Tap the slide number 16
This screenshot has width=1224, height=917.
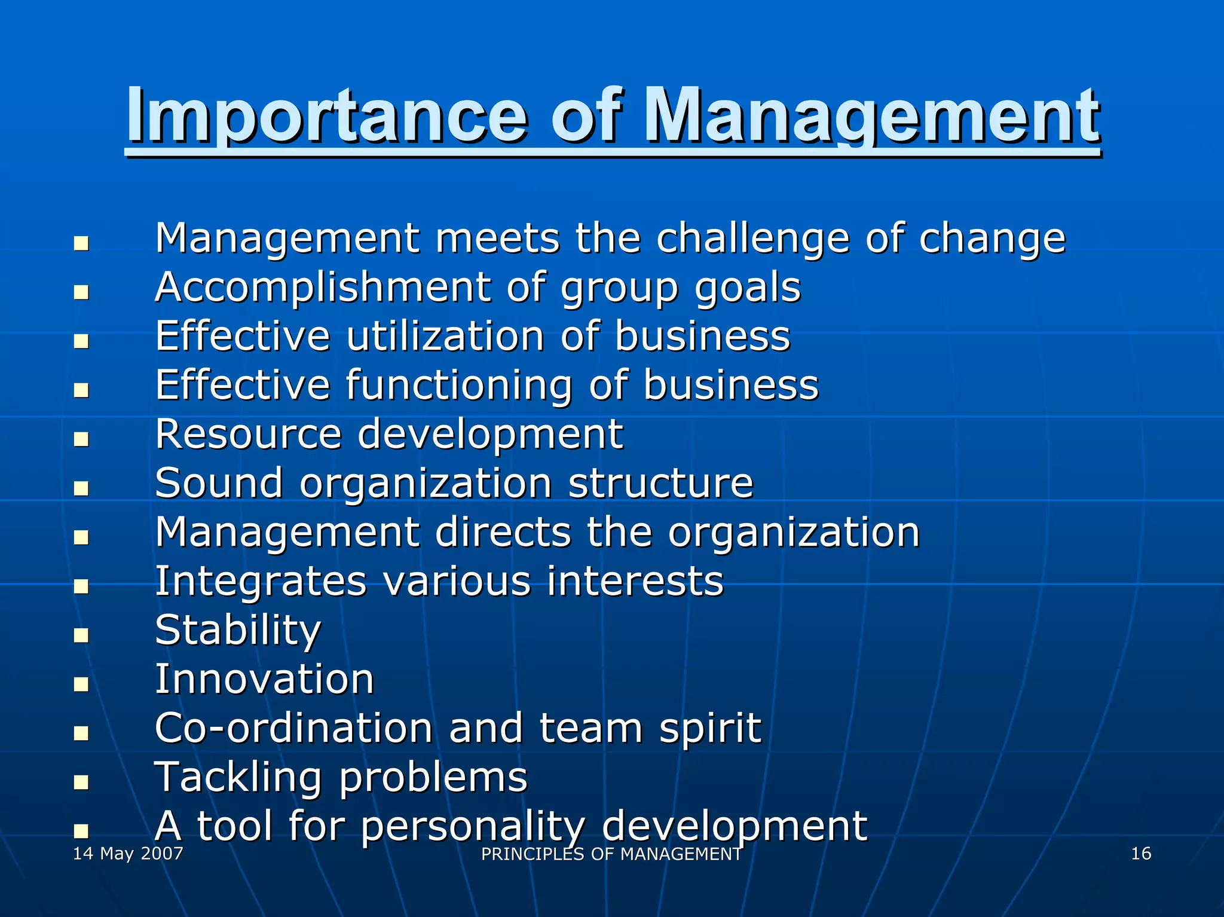coord(1141,853)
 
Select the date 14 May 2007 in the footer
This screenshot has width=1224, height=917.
coord(128,853)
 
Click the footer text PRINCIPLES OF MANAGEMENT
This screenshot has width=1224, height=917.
coord(611,854)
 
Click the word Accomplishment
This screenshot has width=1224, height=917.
coord(323,288)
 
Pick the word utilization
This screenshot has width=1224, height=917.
coord(445,336)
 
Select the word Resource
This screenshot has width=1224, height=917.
coord(248,434)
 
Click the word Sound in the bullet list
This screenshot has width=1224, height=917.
coord(219,483)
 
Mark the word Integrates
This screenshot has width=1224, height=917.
coord(261,581)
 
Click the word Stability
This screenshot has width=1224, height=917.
coord(238,631)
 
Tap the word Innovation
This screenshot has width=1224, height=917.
coord(264,680)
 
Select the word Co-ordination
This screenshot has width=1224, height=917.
coord(293,728)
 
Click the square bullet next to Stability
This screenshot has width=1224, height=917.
coord(81,635)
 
